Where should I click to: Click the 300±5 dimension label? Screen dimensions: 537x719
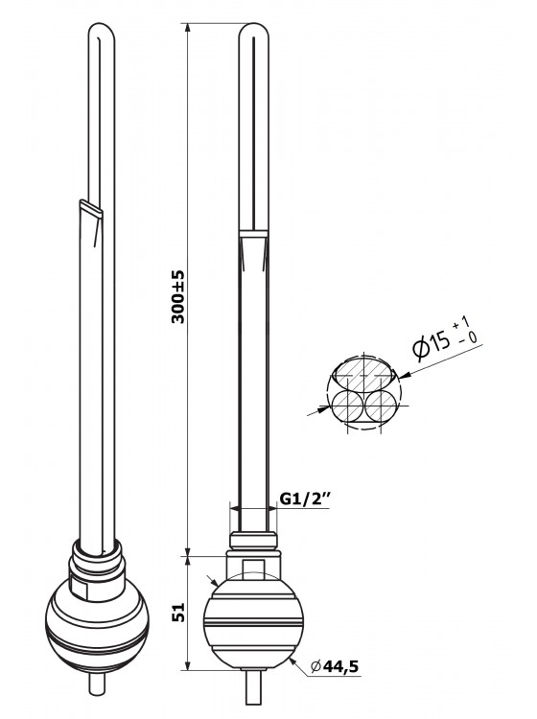178,296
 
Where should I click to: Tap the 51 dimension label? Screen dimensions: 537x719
178,612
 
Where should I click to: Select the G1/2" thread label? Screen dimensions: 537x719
305,499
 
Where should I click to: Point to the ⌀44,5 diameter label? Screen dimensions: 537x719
335,666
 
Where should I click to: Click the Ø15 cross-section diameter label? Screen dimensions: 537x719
432,344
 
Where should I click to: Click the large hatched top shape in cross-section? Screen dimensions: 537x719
363,372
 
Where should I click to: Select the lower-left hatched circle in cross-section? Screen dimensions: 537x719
347,406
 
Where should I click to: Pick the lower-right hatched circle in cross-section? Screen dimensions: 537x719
381,406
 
